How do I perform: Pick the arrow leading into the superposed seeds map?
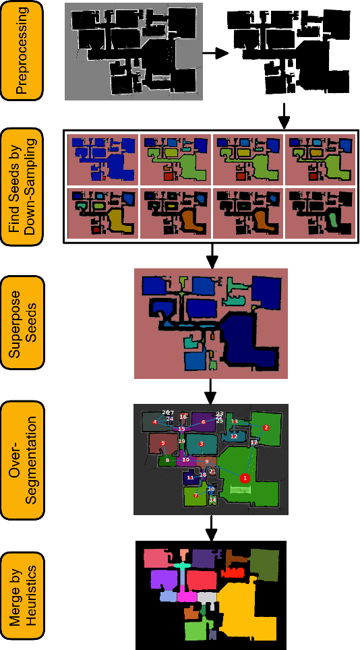pyautogui.click(x=211, y=254)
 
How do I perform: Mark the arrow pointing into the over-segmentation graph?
pyautogui.click(x=211, y=390)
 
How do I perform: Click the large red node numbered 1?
pyautogui.click(x=245, y=477)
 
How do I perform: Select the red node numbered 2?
pyautogui.click(x=266, y=427)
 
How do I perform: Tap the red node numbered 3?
pyautogui.click(x=201, y=444)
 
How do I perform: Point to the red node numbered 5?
pyautogui.click(x=163, y=443)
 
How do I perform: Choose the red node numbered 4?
pyautogui.click(x=155, y=422)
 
